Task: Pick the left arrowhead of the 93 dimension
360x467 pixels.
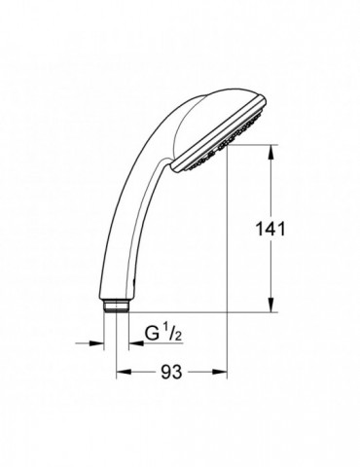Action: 123,371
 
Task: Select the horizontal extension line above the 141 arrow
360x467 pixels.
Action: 248,145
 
